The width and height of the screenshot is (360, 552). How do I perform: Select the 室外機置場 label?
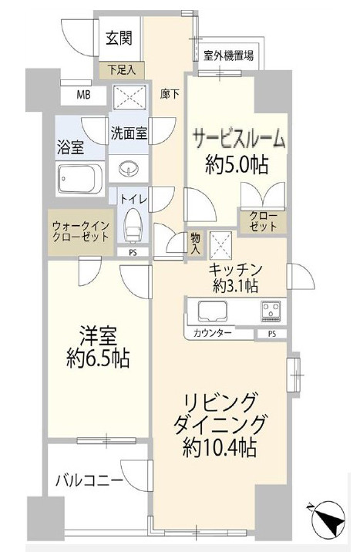coord(230,56)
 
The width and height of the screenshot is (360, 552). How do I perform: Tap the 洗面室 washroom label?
coord(128,131)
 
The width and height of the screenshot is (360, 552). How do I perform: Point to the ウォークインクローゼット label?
coord(80,231)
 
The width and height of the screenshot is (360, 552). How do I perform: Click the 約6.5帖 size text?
coord(96,358)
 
